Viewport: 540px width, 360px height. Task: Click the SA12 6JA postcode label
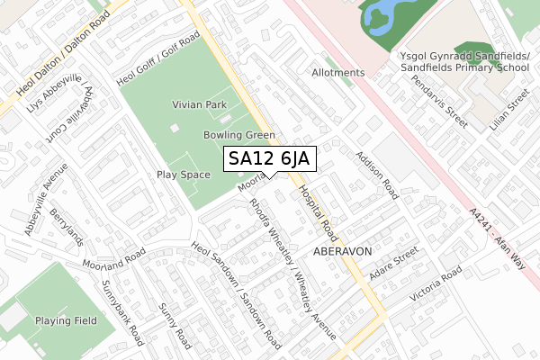pos(269,159)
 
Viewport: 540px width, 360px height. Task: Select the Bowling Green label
pos(238,135)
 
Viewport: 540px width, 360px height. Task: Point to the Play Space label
pos(183,174)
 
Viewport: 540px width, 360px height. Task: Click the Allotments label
pos(338,72)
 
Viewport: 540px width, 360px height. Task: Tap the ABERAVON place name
pos(342,251)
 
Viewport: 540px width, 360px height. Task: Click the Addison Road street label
pos(377,175)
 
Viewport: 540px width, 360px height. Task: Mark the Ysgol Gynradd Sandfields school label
pos(463,60)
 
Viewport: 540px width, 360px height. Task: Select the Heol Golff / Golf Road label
pos(158,64)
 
